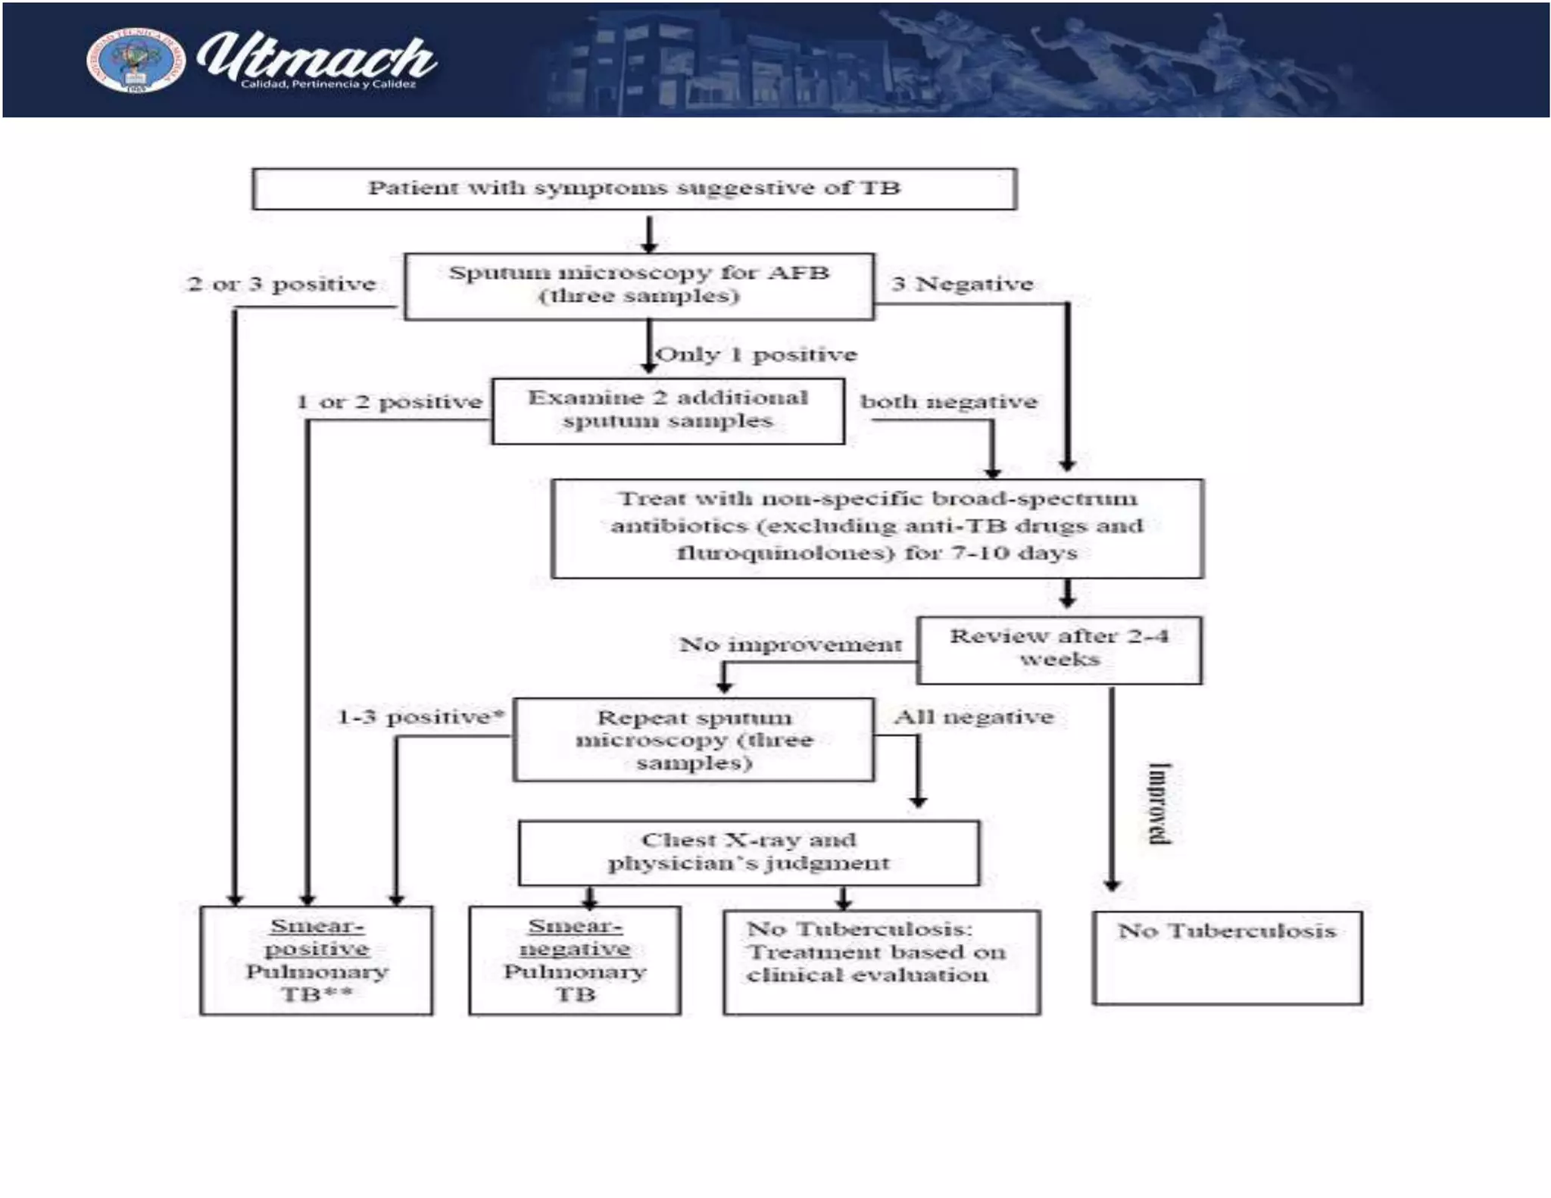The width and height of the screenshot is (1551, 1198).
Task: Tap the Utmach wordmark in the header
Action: coord(317,59)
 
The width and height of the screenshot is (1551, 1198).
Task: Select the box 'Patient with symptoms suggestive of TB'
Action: coord(634,189)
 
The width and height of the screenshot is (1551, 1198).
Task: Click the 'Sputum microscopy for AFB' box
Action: coord(639,285)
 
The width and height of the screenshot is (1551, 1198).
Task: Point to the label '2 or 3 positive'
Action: coord(282,284)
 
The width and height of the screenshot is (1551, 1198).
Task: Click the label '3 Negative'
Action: coord(962,284)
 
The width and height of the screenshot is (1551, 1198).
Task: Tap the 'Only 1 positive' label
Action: coord(756,354)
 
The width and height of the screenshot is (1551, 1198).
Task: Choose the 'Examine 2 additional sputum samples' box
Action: coord(667,410)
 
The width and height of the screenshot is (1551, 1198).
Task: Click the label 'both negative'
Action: coord(948,401)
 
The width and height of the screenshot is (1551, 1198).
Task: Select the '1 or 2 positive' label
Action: coord(389,402)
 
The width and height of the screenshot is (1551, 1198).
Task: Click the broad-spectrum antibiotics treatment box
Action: coord(877,527)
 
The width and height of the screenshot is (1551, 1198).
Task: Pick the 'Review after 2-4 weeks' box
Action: coord(1059,649)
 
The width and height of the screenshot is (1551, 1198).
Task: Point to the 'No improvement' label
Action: coord(790,644)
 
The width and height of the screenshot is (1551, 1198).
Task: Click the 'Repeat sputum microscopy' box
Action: coord(693,739)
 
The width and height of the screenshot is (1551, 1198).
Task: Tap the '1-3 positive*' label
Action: coord(421,716)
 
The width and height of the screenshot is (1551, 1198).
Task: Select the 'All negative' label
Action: coord(973,716)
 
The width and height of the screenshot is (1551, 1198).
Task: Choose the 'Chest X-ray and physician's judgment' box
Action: coord(748,852)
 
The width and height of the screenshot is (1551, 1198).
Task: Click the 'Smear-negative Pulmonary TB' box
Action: coord(575,960)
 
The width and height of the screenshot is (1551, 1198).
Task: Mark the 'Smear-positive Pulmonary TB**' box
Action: coord(317,960)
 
